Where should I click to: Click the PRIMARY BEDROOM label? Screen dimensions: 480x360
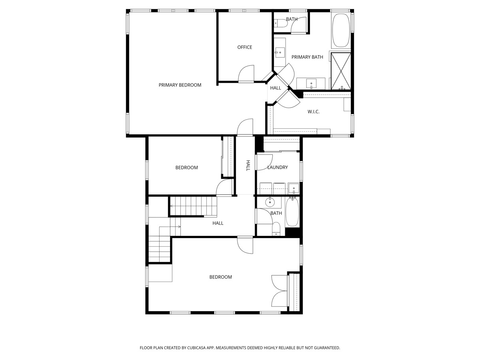(x=180, y=85)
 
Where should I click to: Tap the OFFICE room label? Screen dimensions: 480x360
(x=244, y=47)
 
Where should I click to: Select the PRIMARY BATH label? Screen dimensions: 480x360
(x=307, y=57)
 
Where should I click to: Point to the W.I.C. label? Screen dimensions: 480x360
(x=313, y=112)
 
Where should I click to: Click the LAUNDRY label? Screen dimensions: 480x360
(x=277, y=167)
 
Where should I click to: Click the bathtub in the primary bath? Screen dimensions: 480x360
(x=341, y=29)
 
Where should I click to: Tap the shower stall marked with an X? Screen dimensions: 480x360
(x=341, y=71)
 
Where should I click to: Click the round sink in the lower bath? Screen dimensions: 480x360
(x=270, y=202)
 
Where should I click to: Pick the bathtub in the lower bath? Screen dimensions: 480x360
(x=292, y=212)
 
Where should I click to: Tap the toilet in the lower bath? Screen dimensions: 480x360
(x=276, y=229)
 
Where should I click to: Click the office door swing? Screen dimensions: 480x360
(x=246, y=73)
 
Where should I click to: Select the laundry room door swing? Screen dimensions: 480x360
(x=264, y=162)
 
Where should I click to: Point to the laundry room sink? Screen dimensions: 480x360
(x=294, y=188)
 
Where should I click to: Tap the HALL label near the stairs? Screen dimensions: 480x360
(x=218, y=223)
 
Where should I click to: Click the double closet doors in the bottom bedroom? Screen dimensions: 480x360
(x=279, y=291)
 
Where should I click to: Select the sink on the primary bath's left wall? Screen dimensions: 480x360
(x=280, y=52)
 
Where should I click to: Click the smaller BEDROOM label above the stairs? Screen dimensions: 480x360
(x=186, y=168)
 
